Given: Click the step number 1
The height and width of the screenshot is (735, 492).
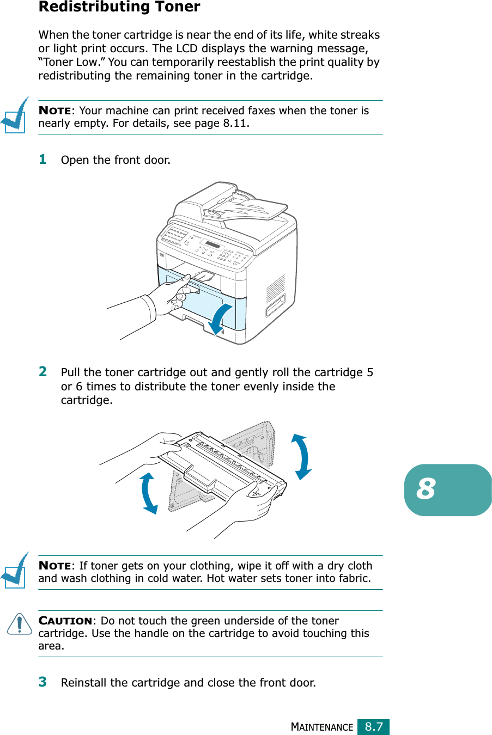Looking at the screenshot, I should [x=42, y=159].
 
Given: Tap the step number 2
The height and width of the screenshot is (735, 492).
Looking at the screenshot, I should [x=42, y=371].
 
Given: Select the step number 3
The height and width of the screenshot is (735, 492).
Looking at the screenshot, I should [x=42, y=682].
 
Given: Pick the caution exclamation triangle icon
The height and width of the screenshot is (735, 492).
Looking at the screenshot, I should [x=20, y=624].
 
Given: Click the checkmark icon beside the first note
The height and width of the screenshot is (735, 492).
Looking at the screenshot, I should [x=15, y=115].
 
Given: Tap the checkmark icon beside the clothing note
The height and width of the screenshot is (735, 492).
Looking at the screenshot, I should [x=15, y=571].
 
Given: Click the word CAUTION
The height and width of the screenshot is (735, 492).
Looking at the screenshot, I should [x=65, y=621].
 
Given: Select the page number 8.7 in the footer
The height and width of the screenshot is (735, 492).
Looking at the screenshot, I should [x=374, y=727].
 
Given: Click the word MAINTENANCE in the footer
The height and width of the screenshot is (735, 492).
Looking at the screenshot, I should [x=322, y=727].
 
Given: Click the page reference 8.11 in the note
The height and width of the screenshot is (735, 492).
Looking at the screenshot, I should [x=235, y=123].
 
